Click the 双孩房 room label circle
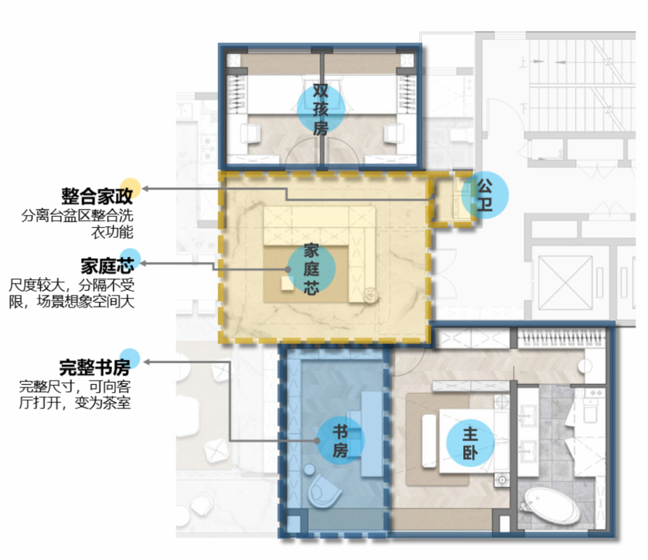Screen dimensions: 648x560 [320, 109]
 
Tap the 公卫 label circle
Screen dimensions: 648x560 [485, 195]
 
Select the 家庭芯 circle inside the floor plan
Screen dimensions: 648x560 [311, 270]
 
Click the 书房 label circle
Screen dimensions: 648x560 [340, 441]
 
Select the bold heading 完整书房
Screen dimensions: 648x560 [95, 366]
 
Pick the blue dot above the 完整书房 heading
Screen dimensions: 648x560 [130, 358]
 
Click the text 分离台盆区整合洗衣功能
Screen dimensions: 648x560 [77, 224]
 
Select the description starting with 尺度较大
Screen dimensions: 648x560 [72, 292]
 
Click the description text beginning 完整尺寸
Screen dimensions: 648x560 [75, 393]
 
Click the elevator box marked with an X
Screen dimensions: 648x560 [565, 283]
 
